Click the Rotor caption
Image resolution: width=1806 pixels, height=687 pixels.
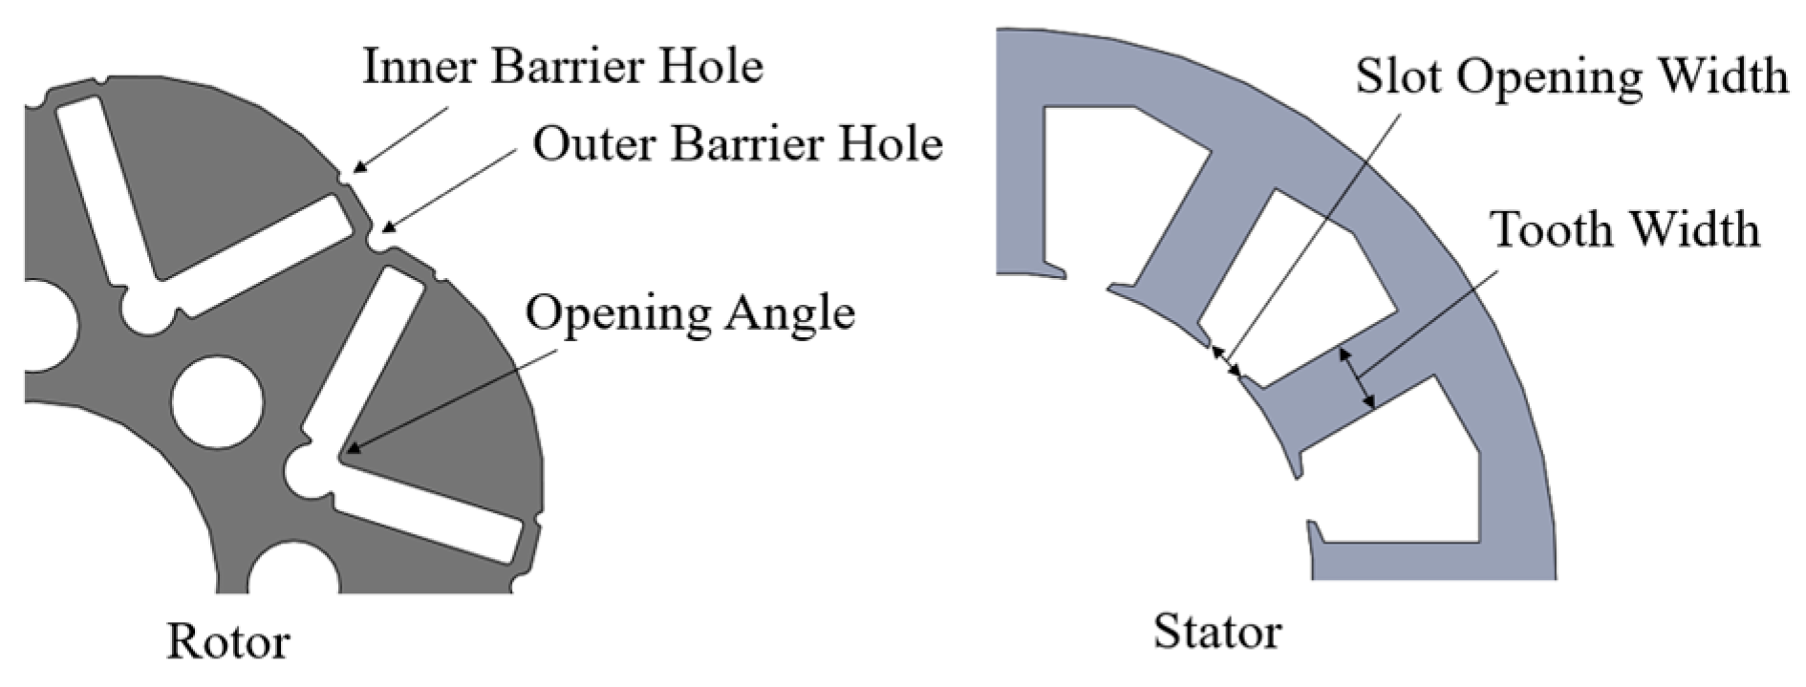(228, 642)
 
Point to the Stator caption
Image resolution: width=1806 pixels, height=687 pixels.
(1216, 632)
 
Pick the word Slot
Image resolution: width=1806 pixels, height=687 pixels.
(1399, 75)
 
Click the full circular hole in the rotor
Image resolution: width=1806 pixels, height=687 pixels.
(217, 402)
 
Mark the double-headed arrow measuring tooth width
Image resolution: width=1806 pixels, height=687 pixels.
(1358, 379)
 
